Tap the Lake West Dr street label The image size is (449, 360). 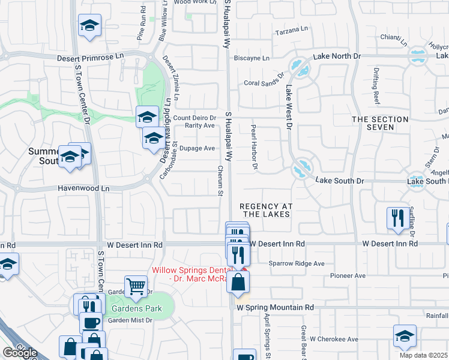(x=289, y=108)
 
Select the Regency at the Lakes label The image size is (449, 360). (x=266, y=209)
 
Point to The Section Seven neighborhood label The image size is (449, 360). (x=380, y=124)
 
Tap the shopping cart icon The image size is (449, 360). (x=136, y=286)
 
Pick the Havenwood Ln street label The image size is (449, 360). (x=83, y=188)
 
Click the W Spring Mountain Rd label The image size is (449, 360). (x=276, y=307)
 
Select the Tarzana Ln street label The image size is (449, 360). (x=291, y=28)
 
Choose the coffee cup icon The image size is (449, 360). (x=92, y=322)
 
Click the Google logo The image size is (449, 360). (x=19, y=352)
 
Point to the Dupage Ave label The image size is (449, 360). (x=197, y=148)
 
